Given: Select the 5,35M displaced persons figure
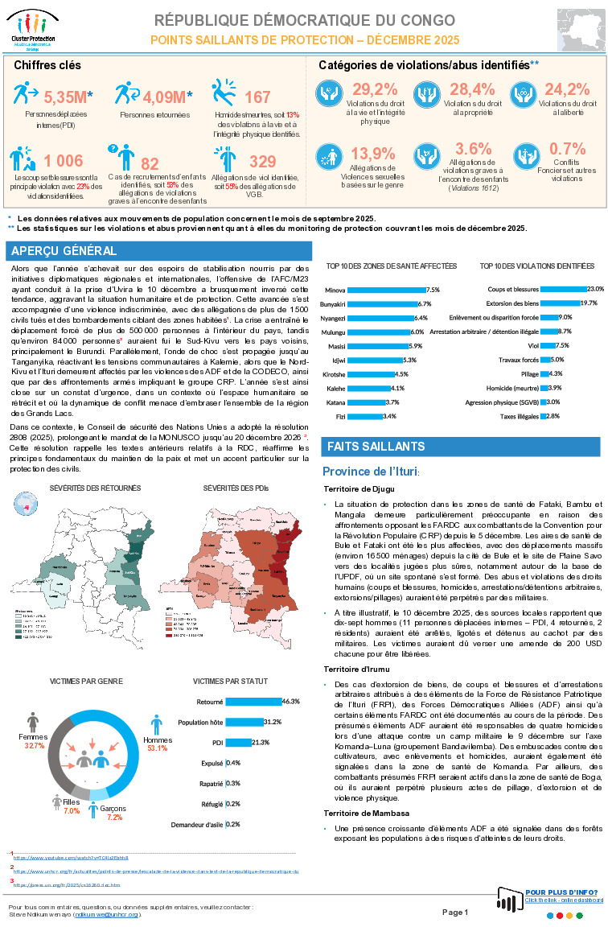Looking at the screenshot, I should [x=67, y=97].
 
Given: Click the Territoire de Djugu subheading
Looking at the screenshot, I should [x=356, y=488].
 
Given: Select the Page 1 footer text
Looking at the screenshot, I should [x=454, y=912].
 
